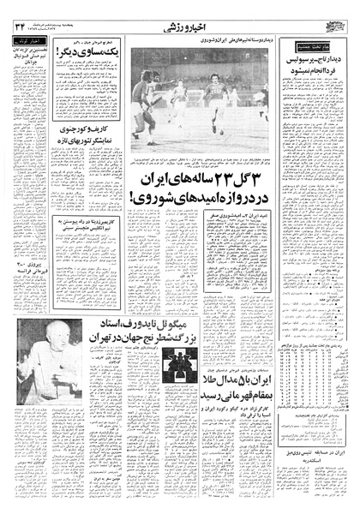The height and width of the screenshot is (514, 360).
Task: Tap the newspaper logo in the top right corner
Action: coord(341,27)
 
